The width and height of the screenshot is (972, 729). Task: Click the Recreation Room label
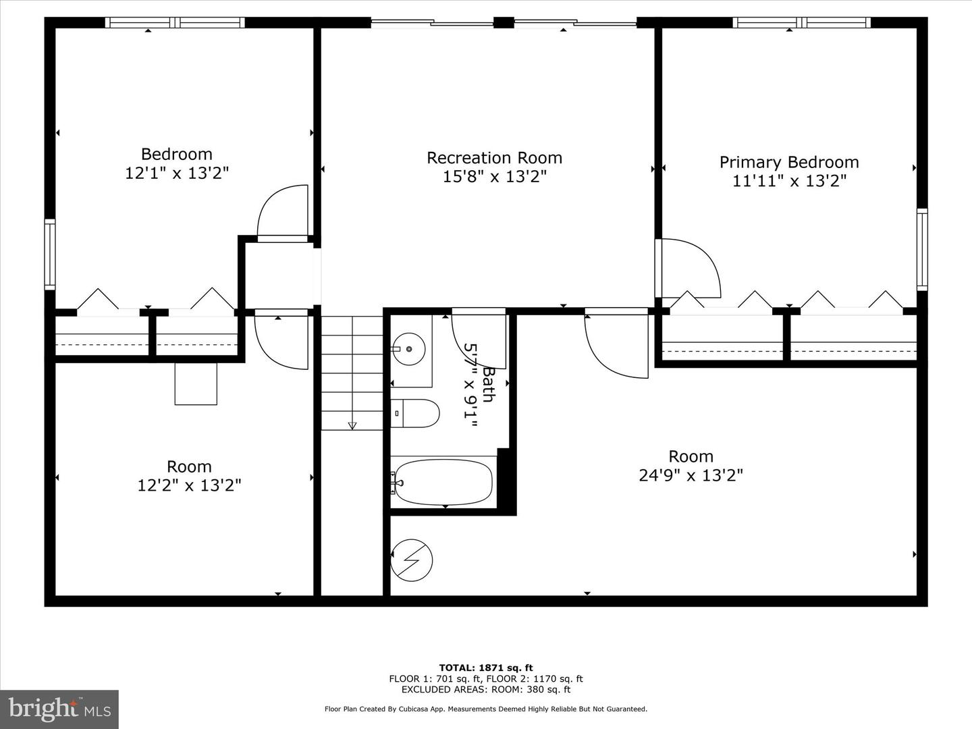494,158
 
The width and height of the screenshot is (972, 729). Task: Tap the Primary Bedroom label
788,162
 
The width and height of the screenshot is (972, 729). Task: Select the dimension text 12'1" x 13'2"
177,173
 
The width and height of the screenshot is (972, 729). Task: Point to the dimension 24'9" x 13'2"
691,475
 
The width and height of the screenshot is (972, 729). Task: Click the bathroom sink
408,349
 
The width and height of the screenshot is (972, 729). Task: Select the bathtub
443,482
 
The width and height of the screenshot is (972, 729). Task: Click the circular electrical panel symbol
412,560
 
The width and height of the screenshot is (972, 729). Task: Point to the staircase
351,373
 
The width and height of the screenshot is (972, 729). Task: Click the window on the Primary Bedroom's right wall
921,250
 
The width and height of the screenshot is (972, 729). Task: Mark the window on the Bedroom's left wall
50,254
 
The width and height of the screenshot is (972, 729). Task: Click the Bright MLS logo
59,709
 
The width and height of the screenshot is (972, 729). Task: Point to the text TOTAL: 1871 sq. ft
486,668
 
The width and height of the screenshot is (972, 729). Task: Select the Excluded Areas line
486,689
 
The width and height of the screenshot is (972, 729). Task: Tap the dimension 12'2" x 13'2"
189,485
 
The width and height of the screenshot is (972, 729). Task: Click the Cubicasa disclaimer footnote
486,709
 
